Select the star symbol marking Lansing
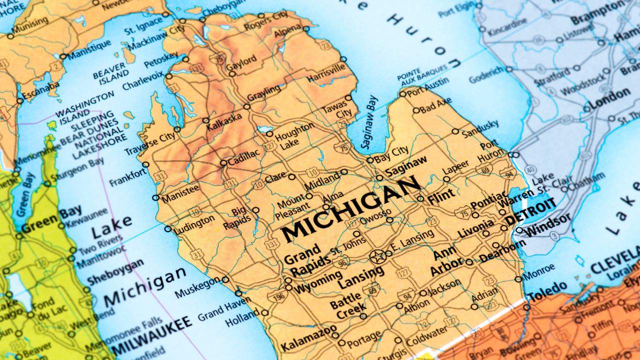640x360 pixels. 377,257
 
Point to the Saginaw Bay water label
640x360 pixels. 369,122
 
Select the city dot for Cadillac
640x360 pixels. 223,162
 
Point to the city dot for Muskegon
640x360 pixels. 225,279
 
